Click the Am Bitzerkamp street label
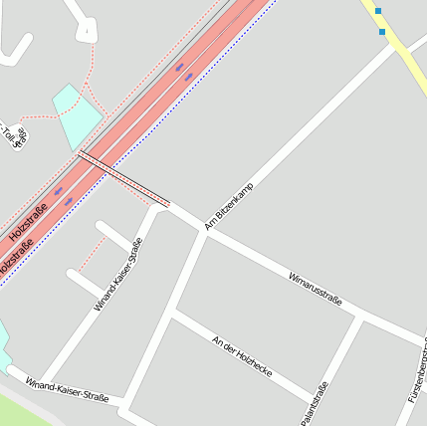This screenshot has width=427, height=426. point(229,206)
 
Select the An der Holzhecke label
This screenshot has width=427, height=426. point(242,355)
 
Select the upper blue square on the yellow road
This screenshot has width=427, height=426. point(378,11)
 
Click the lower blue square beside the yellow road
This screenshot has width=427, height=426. point(382,32)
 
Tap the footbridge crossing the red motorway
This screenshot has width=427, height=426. point(123,179)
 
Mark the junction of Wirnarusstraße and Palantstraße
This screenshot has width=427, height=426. point(359,317)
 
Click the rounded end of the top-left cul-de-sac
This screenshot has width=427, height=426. point(87,32)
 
